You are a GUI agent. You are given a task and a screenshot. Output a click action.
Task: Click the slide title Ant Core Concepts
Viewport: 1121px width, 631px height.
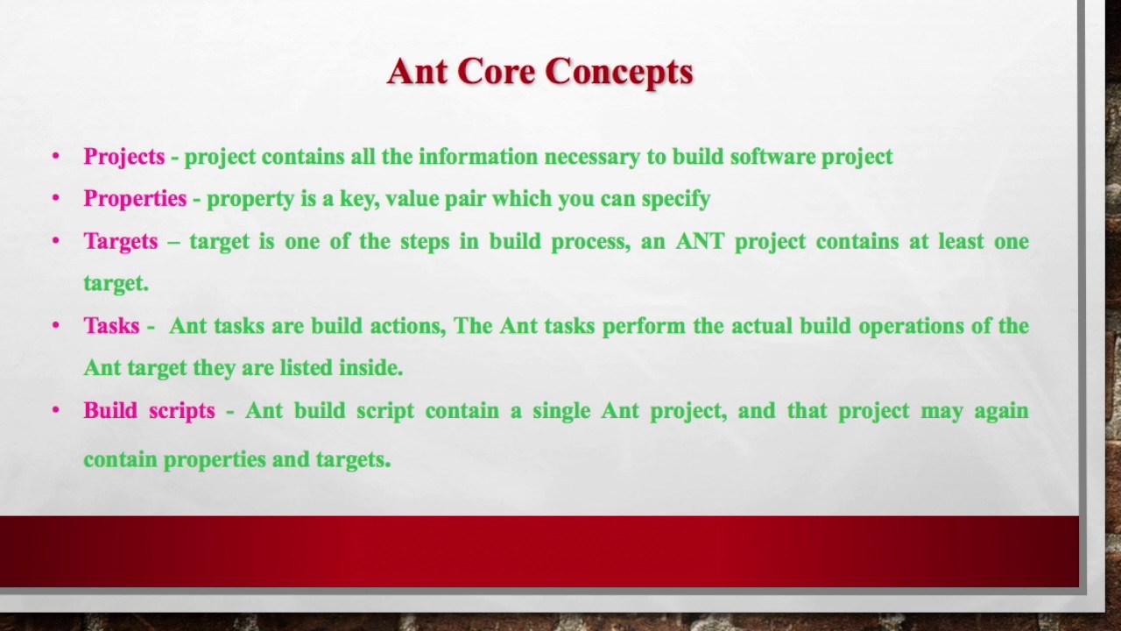coord(539,72)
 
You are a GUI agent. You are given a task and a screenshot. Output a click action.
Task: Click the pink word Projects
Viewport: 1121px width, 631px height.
coord(123,157)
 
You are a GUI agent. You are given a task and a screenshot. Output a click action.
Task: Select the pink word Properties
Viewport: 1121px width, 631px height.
coord(135,199)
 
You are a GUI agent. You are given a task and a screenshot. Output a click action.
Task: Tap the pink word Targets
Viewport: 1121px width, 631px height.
coord(121,242)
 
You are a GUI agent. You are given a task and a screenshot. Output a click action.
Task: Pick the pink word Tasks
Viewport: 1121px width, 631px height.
coord(111,326)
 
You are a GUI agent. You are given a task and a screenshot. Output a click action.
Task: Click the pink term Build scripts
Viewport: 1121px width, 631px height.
coord(149,411)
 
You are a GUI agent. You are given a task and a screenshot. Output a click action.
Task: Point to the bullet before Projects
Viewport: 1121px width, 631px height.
coord(56,157)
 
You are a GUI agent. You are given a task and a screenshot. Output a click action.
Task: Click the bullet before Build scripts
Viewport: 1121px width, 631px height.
coord(56,410)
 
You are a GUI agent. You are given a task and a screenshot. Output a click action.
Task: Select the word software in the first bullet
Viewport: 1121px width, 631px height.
coord(772,157)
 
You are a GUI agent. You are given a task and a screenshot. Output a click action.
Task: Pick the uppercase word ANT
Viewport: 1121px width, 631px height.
coord(700,242)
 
